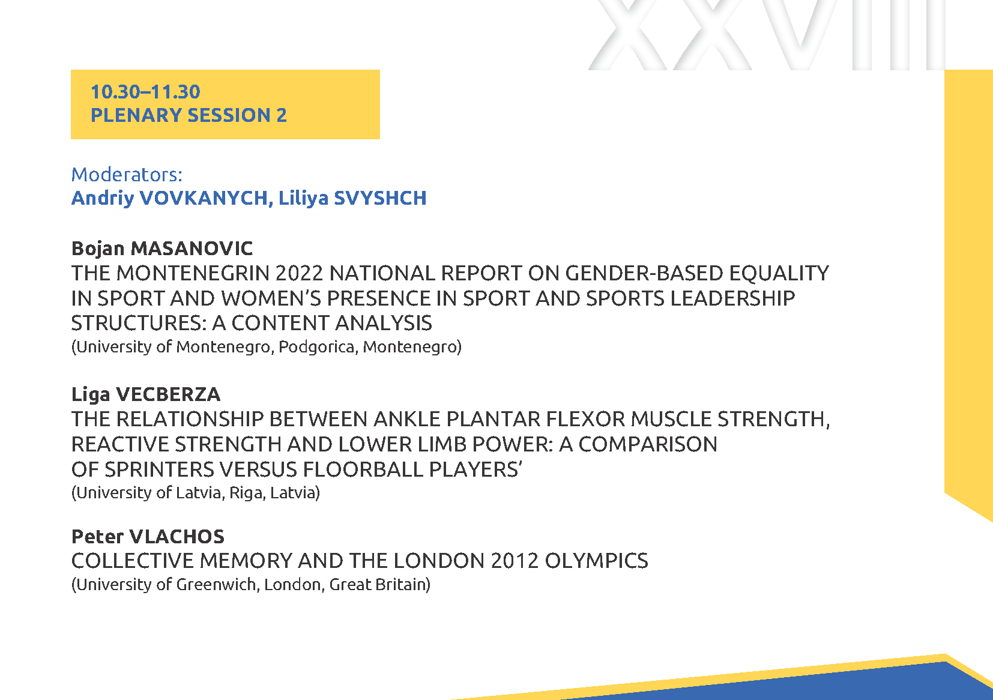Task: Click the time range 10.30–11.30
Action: tap(145, 92)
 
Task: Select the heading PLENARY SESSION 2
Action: tap(189, 115)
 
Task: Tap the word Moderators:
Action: tap(127, 175)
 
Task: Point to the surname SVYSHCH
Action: tap(380, 198)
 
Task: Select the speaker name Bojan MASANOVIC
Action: tap(162, 249)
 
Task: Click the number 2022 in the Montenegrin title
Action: tap(299, 273)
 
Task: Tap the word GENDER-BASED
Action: tap(644, 273)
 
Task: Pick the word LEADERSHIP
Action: tap(733, 298)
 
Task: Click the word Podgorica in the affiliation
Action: tap(316, 346)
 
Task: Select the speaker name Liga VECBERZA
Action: tap(146, 394)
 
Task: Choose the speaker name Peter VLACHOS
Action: tap(148, 537)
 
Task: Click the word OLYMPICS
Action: tap(596, 561)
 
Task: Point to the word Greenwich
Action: tap(216, 585)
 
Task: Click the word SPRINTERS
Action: tap(160, 469)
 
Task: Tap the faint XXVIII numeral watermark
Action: tap(767, 35)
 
